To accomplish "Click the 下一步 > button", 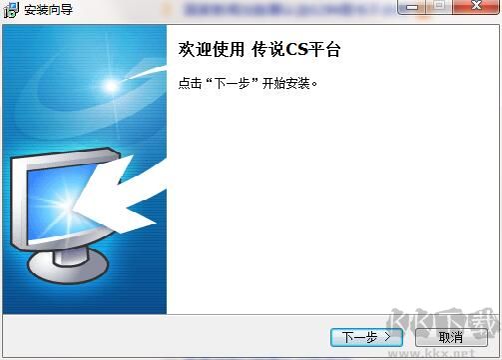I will [365, 337].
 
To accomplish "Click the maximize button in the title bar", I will [439, 9].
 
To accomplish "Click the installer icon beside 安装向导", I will [11, 10].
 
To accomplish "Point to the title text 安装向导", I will [49, 10].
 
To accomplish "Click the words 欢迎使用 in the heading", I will [210, 49].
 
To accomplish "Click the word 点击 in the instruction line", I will [189, 84].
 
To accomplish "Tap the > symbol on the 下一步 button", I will [387, 337].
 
